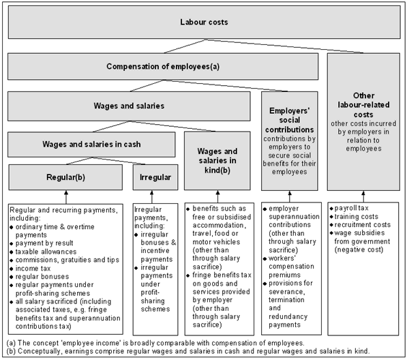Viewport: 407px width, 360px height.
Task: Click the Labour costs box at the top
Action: [204, 22]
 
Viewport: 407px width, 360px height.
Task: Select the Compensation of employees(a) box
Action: [162, 67]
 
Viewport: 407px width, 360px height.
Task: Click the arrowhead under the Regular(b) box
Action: [66, 194]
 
